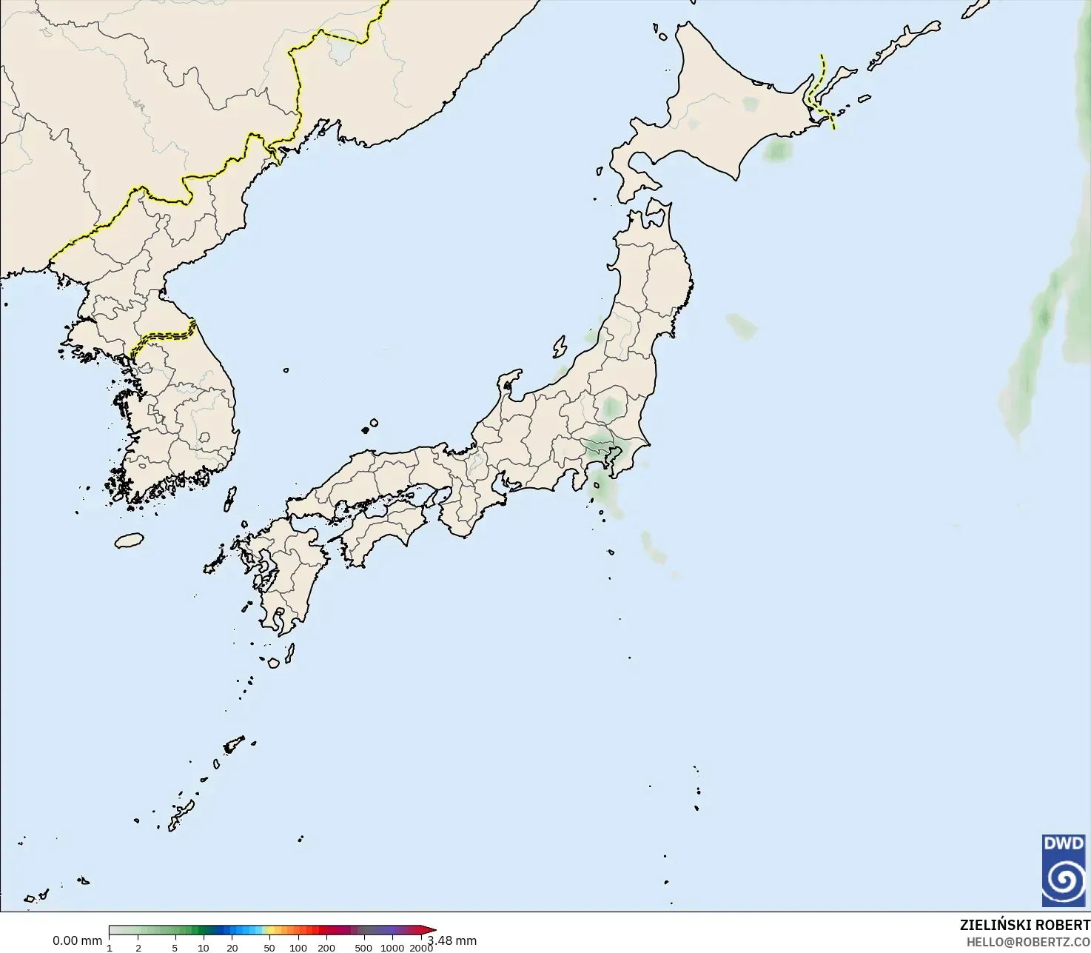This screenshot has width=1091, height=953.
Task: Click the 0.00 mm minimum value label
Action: tap(77, 940)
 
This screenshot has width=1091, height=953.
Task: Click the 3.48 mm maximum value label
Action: tap(452, 940)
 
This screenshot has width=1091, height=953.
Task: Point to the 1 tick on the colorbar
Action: tap(110, 948)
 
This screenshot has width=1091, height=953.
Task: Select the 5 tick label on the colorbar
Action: tap(175, 948)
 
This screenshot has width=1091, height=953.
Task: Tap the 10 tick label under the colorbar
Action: tap(204, 948)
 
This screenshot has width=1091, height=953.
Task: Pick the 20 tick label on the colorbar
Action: tap(232, 948)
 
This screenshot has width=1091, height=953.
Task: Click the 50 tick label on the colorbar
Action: tap(269, 948)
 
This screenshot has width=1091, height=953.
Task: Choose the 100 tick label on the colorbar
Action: tap(298, 948)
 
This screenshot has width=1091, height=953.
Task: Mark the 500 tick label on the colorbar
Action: tap(363, 948)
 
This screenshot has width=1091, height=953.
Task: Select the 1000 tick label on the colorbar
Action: tap(392, 948)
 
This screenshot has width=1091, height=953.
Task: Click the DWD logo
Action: tap(1064, 871)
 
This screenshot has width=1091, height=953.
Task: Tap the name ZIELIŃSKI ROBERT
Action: tap(1024, 925)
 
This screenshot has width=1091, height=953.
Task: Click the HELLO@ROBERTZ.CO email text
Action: tap(1028, 942)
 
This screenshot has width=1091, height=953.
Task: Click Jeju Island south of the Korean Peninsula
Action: tap(129, 541)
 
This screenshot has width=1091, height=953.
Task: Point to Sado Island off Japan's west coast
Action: tap(560, 347)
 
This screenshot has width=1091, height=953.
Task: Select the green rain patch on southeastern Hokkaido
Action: tap(778, 150)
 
